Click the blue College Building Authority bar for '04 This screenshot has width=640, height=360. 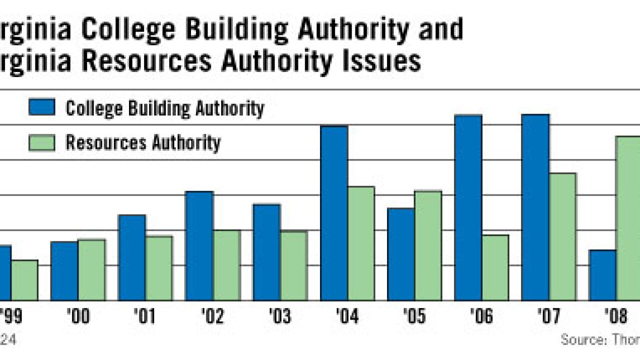(334, 212)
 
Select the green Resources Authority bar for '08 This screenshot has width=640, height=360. (627, 217)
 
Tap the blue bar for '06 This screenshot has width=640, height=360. (468, 207)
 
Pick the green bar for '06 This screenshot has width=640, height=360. (495, 267)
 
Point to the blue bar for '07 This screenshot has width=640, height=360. (535, 207)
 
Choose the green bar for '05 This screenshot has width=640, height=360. (428, 245)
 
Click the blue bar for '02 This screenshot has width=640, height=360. (199, 245)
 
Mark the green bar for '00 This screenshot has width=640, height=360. (91, 270)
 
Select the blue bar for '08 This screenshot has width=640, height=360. (602, 275)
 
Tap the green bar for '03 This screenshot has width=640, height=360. (293, 265)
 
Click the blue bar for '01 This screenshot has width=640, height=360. (132, 257)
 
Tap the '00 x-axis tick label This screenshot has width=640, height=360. (78, 316)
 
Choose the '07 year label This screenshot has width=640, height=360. (549, 316)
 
